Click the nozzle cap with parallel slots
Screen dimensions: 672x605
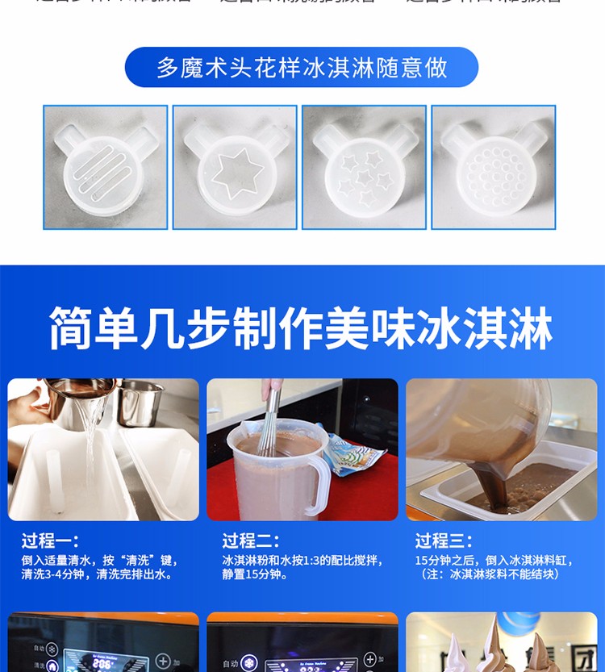point(105,168)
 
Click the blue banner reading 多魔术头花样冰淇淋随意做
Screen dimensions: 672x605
point(302,68)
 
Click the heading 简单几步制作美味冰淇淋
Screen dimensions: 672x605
point(302,328)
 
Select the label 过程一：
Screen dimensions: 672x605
point(50,541)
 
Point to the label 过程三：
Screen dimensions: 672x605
point(444,541)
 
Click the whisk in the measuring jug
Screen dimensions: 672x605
point(269,419)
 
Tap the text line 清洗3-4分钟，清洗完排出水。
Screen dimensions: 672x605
point(97,575)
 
